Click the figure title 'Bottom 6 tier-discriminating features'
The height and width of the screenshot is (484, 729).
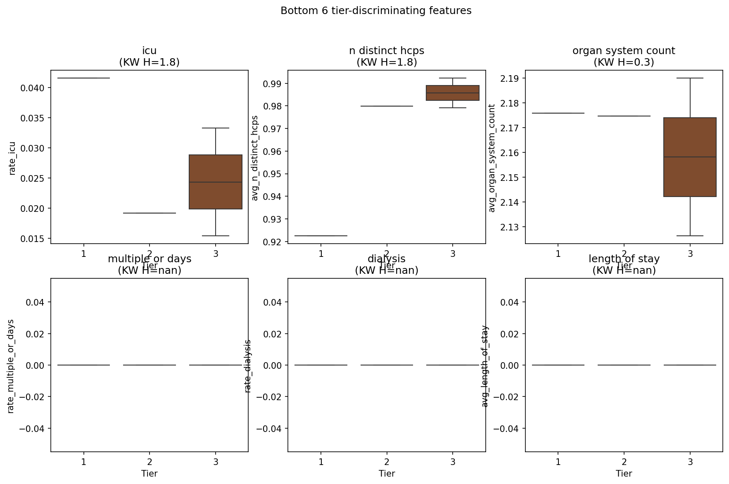pos(376,11)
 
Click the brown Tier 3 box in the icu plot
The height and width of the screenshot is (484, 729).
pos(216,182)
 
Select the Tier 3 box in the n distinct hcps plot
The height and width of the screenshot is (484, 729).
pos(453,93)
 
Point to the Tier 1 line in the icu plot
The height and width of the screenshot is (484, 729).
pos(84,78)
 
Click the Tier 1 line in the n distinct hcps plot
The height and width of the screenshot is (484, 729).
pos(321,236)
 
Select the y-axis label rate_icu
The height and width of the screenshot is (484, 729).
pos(12,158)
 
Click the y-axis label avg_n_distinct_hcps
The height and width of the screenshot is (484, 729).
pos(255,158)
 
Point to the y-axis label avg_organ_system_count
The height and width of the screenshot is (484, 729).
pos(492,158)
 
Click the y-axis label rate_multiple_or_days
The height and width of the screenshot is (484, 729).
pos(11,366)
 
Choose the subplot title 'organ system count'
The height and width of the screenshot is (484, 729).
pos(624,51)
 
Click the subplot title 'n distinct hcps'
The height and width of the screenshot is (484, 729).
pos(387,51)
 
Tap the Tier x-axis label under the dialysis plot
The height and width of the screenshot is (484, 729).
pos(387,474)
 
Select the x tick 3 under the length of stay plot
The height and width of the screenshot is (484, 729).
pos(690,462)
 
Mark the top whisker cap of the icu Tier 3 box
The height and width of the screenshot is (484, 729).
pos(216,128)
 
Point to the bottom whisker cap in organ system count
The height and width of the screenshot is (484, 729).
pos(690,236)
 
